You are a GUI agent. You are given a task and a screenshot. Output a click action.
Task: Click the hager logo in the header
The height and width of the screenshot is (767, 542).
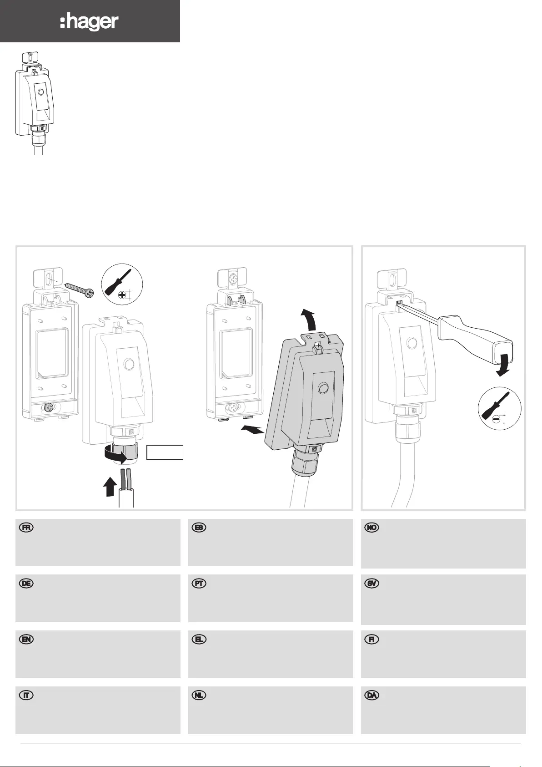(x=89, y=23)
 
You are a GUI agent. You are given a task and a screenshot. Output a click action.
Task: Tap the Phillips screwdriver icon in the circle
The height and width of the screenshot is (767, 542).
(x=122, y=284)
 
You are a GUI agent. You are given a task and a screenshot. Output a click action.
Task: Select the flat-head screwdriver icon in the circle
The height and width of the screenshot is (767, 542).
(x=500, y=411)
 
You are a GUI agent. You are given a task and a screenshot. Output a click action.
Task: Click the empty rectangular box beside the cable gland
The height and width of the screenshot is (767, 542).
(x=165, y=452)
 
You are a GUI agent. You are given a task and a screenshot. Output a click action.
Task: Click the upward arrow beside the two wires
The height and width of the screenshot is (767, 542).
(x=110, y=487)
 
